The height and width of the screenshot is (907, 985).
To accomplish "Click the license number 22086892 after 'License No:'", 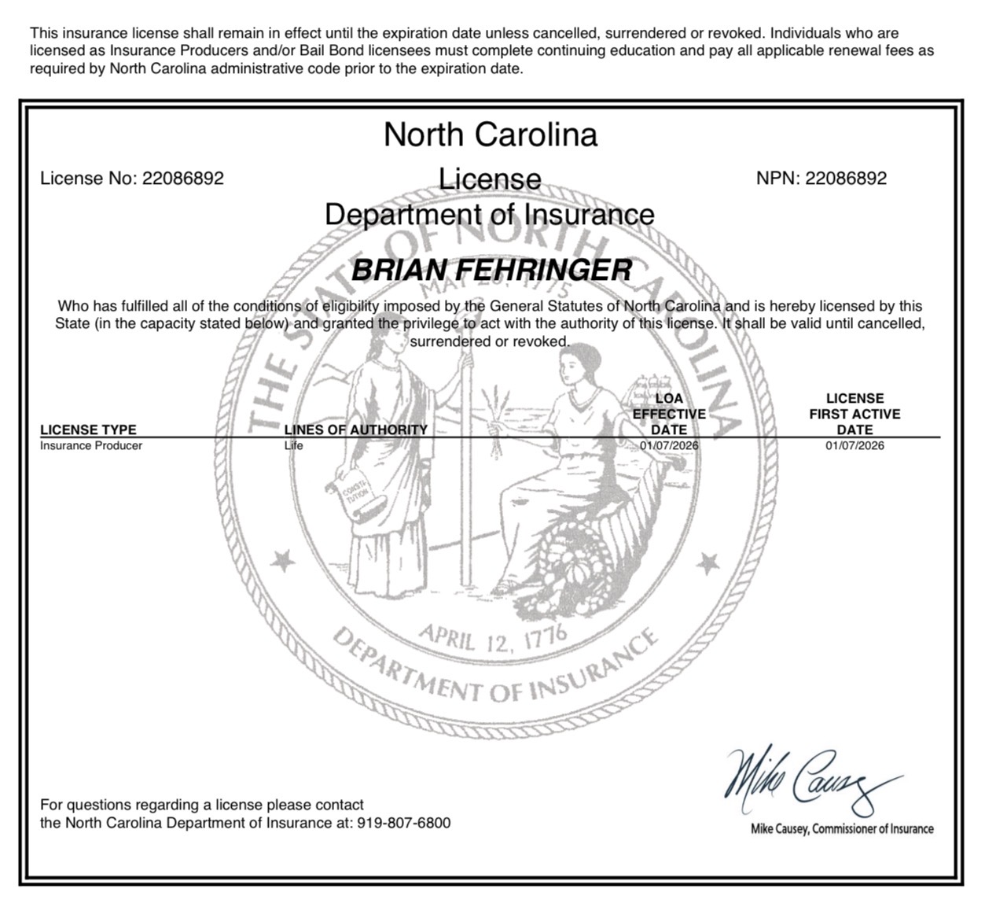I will click(182, 179).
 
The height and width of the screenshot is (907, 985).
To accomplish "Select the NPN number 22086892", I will click(846, 179).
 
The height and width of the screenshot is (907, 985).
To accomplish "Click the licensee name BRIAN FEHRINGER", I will click(491, 271).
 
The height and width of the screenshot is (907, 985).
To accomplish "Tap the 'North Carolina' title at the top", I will click(491, 135).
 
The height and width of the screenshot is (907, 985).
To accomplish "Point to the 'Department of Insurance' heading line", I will click(490, 215).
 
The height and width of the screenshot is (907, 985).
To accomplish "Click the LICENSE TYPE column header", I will click(88, 430).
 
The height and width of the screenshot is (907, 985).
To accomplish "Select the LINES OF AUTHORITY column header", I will click(355, 430).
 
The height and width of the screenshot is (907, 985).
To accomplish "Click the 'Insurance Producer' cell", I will click(91, 446).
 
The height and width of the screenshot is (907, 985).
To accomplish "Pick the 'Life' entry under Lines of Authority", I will click(293, 446).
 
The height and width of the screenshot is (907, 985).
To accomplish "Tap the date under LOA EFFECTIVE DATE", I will click(669, 446).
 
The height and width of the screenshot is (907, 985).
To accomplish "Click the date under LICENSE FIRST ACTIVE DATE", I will click(855, 446).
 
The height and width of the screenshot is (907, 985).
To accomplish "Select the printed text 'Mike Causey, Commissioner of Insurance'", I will click(842, 828).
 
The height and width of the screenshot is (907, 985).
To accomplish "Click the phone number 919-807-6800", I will click(404, 824).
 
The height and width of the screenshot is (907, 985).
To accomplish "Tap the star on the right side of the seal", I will click(708, 562).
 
